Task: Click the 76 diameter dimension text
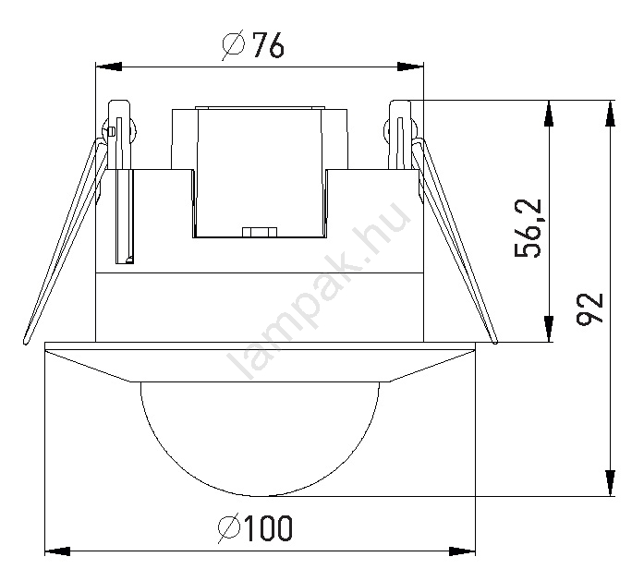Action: click(x=268, y=44)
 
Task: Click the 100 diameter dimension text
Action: click(x=268, y=528)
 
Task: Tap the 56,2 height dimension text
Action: click(x=529, y=228)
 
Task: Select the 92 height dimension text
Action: click(x=589, y=309)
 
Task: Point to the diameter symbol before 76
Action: click(x=234, y=44)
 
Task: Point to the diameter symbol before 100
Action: click(x=229, y=528)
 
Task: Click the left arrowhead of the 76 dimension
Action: click(x=109, y=67)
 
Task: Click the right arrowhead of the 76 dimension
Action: click(x=410, y=67)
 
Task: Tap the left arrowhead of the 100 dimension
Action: click(x=57, y=551)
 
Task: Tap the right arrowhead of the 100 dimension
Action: click(x=462, y=551)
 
